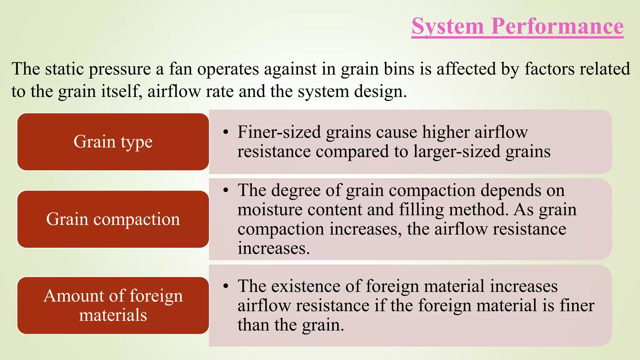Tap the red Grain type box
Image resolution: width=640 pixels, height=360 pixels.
(x=113, y=142)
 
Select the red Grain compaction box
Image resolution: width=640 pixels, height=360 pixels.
(x=113, y=219)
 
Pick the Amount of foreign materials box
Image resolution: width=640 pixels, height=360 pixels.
(x=113, y=305)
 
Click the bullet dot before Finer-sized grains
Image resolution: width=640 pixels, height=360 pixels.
(x=226, y=132)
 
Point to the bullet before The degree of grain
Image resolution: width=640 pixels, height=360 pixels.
(x=226, y=190)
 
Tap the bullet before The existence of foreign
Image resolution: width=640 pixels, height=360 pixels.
(x=226, y=286)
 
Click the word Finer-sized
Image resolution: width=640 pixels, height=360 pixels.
(x=279, y=132)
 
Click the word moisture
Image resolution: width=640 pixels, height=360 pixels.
(x=270, y=210)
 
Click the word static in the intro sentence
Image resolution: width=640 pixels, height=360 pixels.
(x=64, y=69)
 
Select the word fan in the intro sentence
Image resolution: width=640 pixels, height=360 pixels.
(x=180, y=69)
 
